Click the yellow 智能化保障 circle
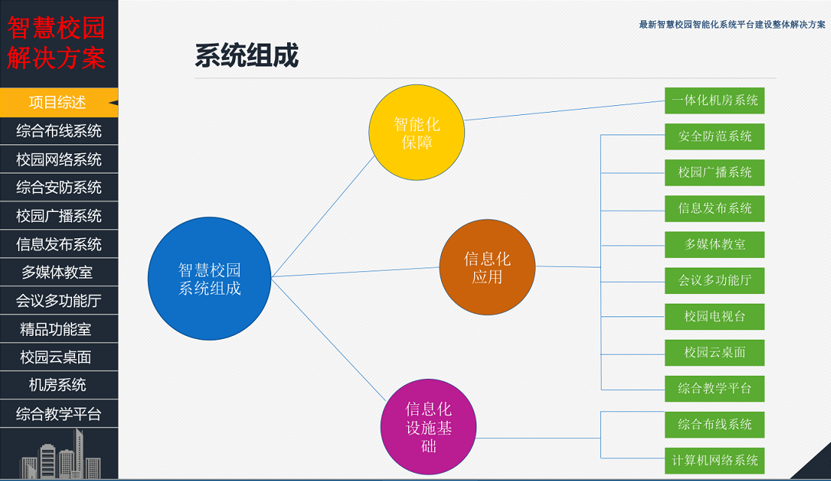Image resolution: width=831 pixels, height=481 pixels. pyautogui.click(x=416, y=132)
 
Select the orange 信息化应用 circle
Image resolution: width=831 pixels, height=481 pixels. pyautogui.click(x=487, y=268)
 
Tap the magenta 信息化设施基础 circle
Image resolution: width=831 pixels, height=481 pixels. pyautogui.click(x=428, y=427)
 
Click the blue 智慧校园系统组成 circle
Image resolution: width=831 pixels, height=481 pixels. pyautogui.click(x=210, y=278)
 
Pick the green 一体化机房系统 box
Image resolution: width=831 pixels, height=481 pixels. pyautogui.click(x=715, y=100)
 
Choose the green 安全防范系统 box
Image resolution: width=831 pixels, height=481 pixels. pyautogui.click(x=715, y=136)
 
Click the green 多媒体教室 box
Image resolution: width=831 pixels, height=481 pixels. pyautogui.click(x=715, y=244)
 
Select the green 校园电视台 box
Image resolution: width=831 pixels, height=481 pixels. pyautogui.click(x=715, y=316)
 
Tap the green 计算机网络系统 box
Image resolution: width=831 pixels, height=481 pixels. pyautogui.click(x=715, y=460)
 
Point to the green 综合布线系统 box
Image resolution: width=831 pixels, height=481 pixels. pyautogui.click(x=715, y=424)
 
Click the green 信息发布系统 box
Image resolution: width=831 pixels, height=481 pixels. pyautogui.click(x=715, y=208)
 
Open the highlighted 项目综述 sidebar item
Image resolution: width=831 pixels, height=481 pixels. pyautogui.click(x=59, y=102)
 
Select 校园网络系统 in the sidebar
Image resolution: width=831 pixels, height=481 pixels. pyautogui.click(x=59, y=159)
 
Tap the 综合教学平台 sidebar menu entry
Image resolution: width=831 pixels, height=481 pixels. pyautogui.click(x=59, y=413)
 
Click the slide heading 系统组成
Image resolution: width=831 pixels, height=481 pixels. pyautogui.click(x=247, y=55)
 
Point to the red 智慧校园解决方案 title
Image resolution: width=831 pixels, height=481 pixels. pyautogui.click(x=56, y=43)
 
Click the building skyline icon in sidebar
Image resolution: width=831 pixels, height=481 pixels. pyautogui.click(x=60, y=454)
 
